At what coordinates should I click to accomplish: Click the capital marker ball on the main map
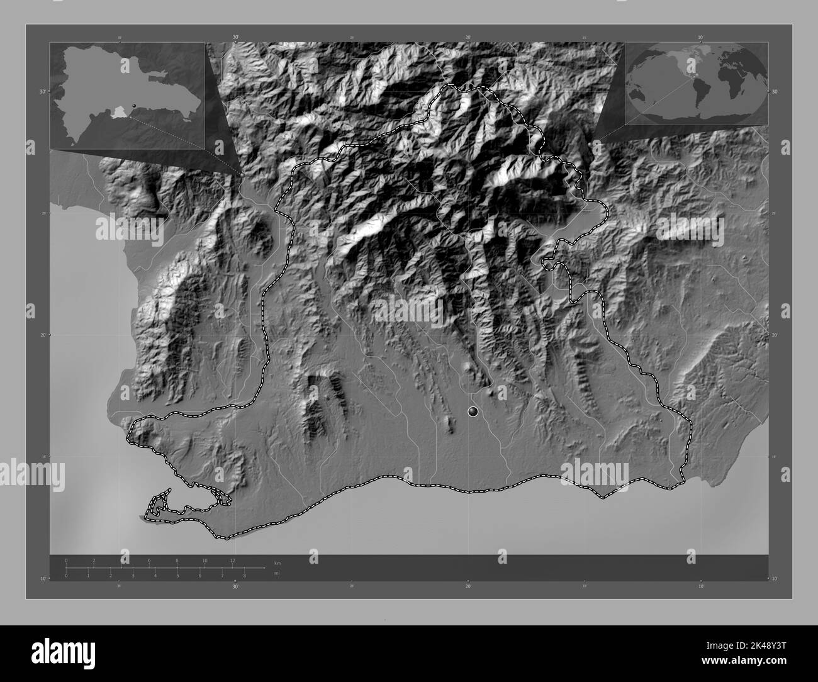pyautogui.click(x=473, y=411)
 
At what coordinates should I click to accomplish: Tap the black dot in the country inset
pyautogui.click(x=134, y=106)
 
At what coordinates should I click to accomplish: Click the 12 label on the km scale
pyautogui.click(x=233, y=560)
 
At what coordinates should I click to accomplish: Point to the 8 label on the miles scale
pyautogui.click(x=245, y=575)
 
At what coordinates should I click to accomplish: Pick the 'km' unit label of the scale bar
pyautogui.click(x=277, y=562)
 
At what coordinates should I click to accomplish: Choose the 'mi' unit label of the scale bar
pyautogui.click(x=277, y=573)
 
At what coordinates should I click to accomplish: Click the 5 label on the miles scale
pyautogui.click(x=177, y=575)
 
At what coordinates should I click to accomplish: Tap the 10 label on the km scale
pyautogui.click(x=205, y=560)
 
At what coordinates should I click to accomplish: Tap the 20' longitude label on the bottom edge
pyautogui.click(x=468, y=586)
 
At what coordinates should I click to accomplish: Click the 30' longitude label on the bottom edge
pyautogui.click(x=235, y=586)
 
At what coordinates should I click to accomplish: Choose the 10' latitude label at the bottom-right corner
pyautogui.click(x=775, y=578)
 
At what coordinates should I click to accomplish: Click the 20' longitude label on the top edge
pyautogui.click(x=468, y=38)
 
